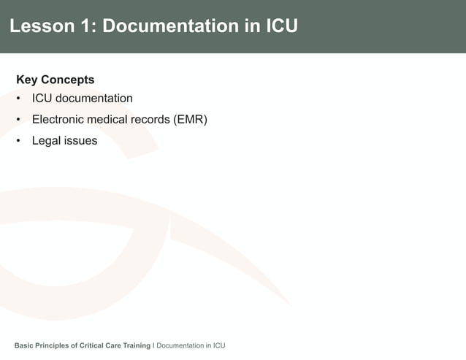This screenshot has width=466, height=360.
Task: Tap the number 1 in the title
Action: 87,26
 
